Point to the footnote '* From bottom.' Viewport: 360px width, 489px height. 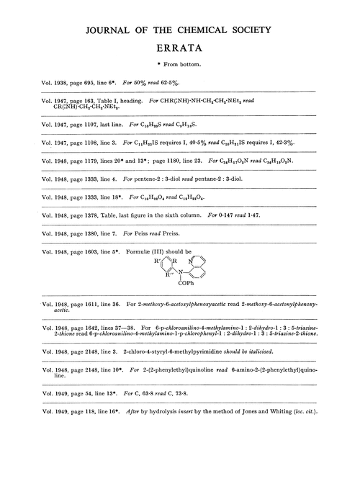pyautogui.click(x=179, y=63)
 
